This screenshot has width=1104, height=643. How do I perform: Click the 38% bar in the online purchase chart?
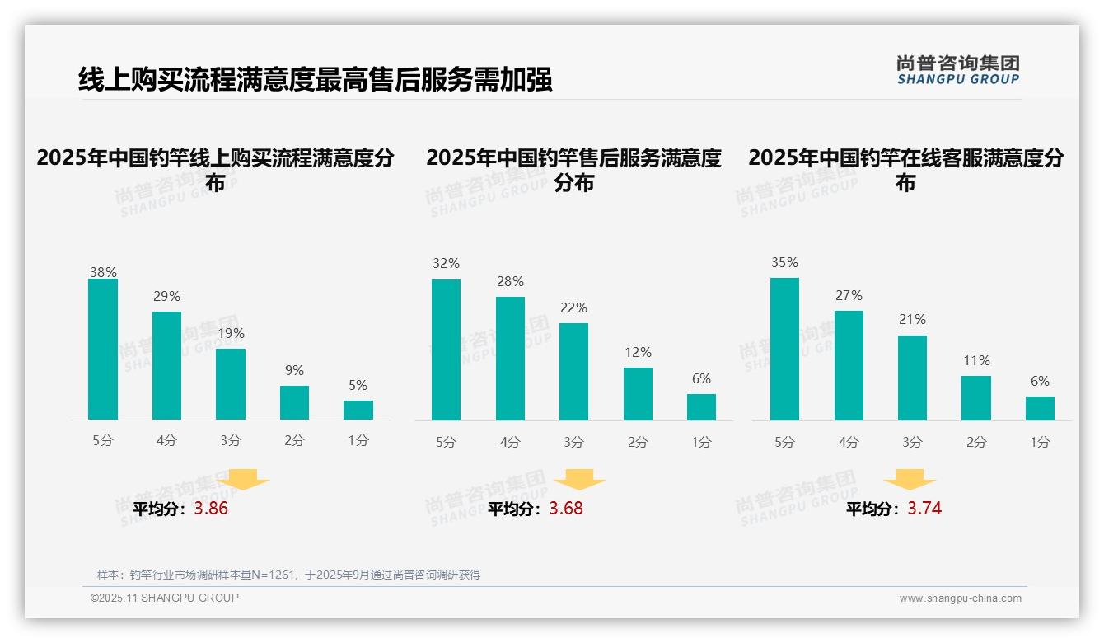(103, 349)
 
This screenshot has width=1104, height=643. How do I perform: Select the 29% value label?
(166, 297)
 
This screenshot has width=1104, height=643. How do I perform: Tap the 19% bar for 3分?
(231, 384)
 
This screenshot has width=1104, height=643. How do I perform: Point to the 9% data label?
(294, 371)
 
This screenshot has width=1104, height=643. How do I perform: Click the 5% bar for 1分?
(358, 410)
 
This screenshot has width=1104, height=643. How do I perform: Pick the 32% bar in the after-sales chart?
(446, 350)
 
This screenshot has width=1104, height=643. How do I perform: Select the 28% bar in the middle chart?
(510, 358)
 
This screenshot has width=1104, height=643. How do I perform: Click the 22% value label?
(573, 308)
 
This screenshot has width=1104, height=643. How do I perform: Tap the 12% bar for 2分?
(638, 393)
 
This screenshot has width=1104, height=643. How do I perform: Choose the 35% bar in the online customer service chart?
(784, 349)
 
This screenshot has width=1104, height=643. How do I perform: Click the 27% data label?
(849, 296)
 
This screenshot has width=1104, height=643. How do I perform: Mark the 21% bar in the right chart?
(912, 378)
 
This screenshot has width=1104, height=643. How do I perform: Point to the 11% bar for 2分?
(976, 398)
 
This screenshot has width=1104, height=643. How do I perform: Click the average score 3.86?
(211, 509)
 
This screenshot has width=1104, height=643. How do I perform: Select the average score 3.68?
(566, 509)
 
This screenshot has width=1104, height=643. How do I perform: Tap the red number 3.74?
(924, 509)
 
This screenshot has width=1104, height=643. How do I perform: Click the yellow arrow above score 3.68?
(579, 479)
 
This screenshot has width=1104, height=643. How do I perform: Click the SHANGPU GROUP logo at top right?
(957, 70)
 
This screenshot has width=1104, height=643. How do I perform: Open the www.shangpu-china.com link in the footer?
(960, 598)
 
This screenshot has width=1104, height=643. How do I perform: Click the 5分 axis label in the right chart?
(784, 443)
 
